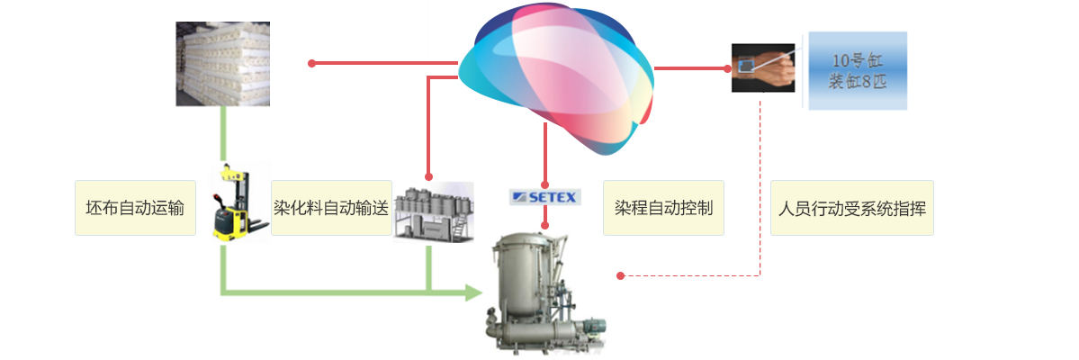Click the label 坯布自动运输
click(135, 208)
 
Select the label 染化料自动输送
click(332, 208)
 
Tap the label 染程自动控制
click(663, 208)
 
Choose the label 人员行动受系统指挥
click(852, 208)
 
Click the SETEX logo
click(545, 197)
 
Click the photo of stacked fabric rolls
click(222, 64)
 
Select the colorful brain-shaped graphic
click(556, 77)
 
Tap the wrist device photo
click(763, 68)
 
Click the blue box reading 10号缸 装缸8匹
click(858, 71)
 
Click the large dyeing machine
click(544, 292)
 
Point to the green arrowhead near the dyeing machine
click(473, 292)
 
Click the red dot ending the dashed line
click(620, 276)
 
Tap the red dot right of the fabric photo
click(311, 63)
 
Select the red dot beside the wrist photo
click(727, 68)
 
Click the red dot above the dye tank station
click(428, 177)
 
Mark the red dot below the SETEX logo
click(545, 225)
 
